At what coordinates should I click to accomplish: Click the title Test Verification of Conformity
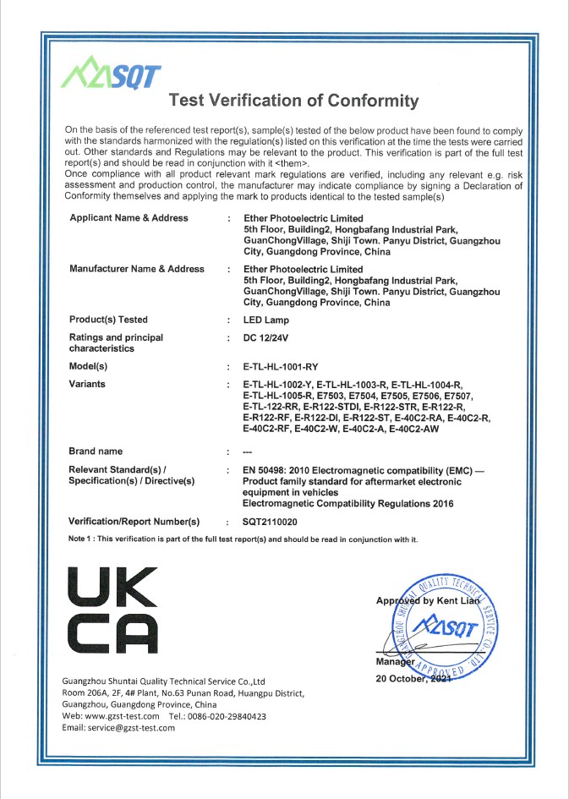click(x=293, y=101)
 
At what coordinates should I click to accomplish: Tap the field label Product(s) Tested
click(x=108, y=320)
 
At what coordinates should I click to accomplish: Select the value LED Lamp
click(x=266, y=320)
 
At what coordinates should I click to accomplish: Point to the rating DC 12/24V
click(x=266, y=337)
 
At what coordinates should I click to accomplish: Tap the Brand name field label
click(x=96, y=451)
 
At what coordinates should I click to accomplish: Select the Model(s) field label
click(x=89, y=367)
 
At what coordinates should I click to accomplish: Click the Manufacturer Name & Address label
click(x=137, y=269)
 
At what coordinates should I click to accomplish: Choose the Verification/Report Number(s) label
click(x=134, y=521)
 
